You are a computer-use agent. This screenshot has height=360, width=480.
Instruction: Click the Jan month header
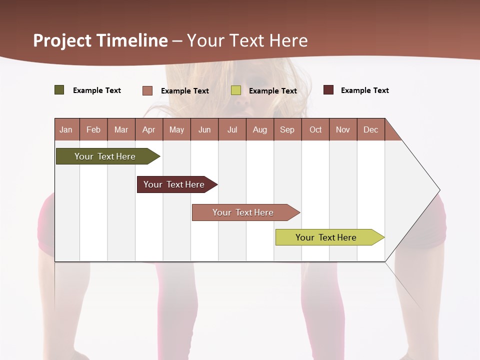tap(66, 129)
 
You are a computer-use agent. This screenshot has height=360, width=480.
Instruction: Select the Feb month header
tap(93, 129)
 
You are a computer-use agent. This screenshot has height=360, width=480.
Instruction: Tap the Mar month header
tap(121, 129)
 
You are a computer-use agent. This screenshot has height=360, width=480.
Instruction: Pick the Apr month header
tap(149, 129)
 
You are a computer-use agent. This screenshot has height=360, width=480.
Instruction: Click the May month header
tap(176, 129)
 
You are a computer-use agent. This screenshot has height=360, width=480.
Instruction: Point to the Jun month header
tap(204, 129)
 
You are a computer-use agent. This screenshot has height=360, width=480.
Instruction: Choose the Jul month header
tap(232, 129)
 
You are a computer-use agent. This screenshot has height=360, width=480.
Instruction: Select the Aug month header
tap(260, 129)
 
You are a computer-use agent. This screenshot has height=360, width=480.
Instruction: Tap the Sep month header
tap(287, 129)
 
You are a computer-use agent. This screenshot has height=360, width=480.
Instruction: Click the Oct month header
tap(315, 129)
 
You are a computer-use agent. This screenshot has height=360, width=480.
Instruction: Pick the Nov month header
tap(343, 129)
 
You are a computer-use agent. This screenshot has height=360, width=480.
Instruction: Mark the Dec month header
tap(371, 129)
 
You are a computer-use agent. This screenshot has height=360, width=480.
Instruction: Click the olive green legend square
tap(59, 90)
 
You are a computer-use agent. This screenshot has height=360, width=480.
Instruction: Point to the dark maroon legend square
tap(328, 90)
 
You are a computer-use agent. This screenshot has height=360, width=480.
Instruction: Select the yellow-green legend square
tap(236, 90)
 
